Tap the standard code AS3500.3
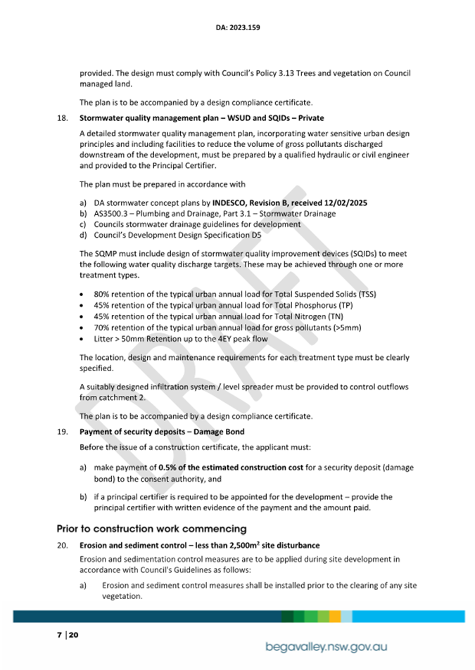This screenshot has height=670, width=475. [110, 214]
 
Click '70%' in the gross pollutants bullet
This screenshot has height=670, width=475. [103, 327]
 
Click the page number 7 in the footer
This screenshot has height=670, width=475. [59, 635]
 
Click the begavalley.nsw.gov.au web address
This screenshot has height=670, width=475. [327, 647]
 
